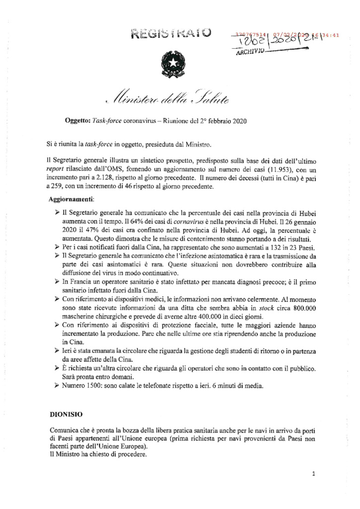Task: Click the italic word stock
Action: pyautogui.click(x=258, y=308)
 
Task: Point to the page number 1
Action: pyautogui.click(x=313, y=474)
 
